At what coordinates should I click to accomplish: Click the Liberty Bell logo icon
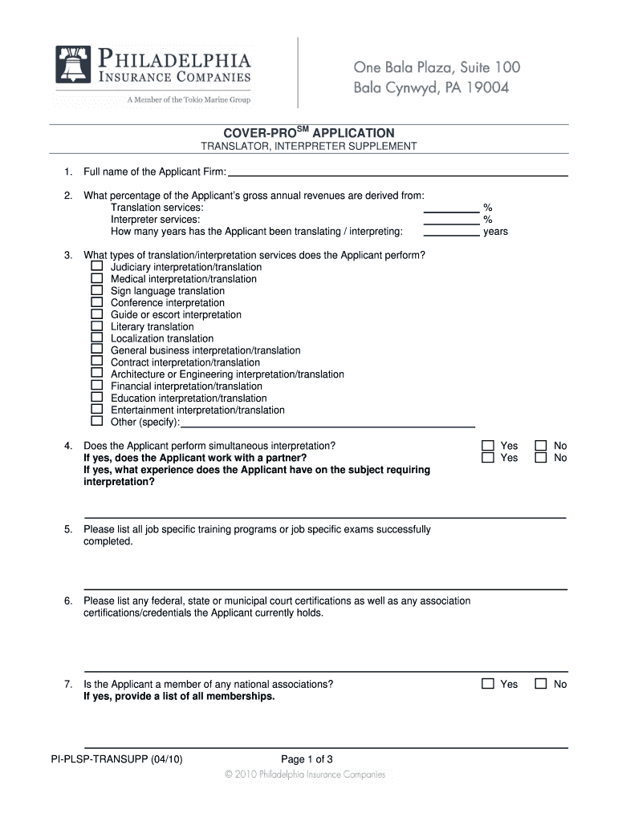click(x=74, y=64)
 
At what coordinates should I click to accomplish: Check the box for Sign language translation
click(x=96, y=290)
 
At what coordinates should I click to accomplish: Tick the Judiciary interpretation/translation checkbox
click(x=96, y=266)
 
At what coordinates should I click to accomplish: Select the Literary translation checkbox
click(x=96, y=326)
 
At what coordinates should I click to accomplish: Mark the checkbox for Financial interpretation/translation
click(x=96, y=386)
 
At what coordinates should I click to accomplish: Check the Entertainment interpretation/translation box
click(x=96, y=410)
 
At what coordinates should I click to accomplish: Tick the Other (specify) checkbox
click(x=96, y=422)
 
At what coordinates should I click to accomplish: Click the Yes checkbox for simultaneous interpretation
click(x=487, y=446)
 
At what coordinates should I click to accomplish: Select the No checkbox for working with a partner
click(x=542, y=458)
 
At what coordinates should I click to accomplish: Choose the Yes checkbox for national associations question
click(x=487, y=684)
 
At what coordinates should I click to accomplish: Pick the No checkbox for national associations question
click(x=542, y=684)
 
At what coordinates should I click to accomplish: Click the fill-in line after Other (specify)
click(x=327, y=425)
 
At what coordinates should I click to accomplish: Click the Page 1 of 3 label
click(x=307, y=759)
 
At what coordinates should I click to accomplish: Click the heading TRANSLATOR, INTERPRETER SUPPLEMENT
click(x=308, y=147)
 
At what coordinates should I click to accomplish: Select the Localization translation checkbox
click(x=96, y=338)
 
